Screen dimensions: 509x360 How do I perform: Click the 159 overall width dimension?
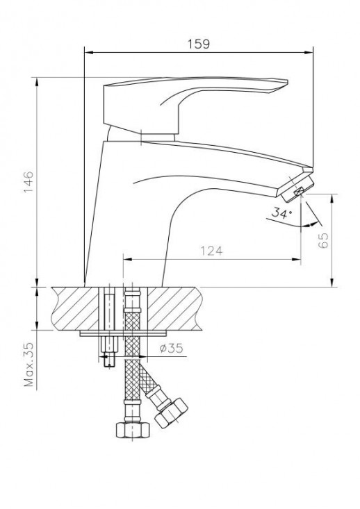coord(199,43)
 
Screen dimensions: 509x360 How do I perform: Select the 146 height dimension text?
coord(28,183)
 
